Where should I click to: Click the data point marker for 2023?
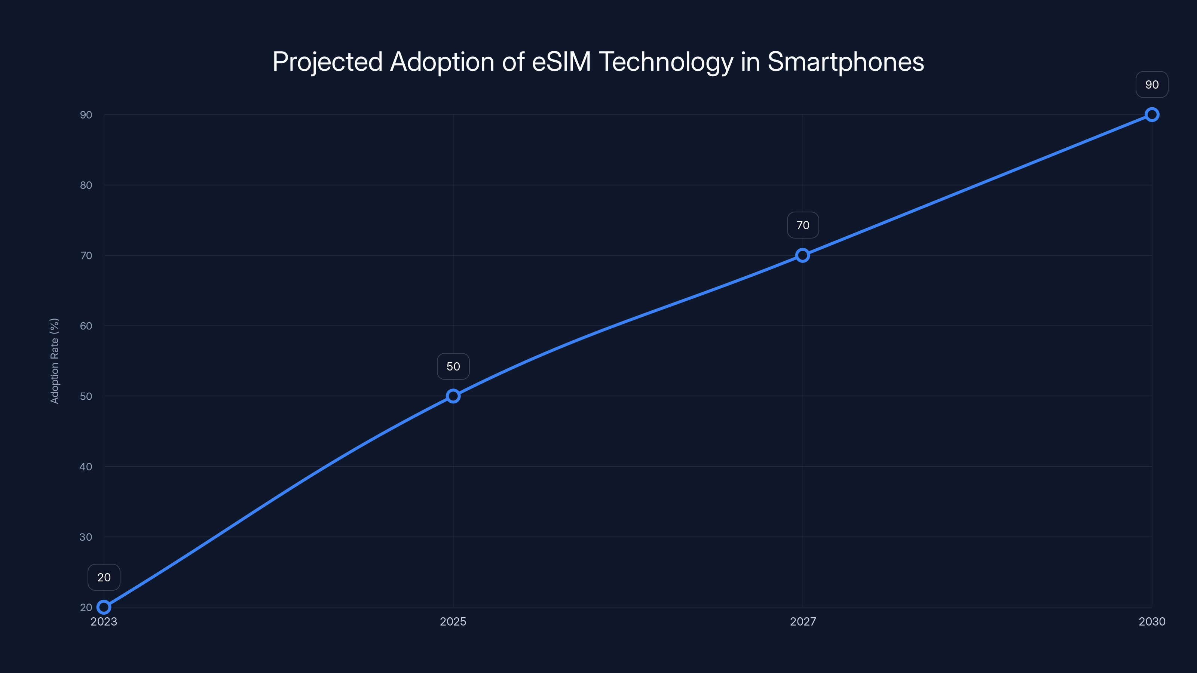point(104,607)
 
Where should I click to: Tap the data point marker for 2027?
point(802,255)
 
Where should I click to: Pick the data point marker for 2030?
point(1152,115)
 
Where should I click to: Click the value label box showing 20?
point(104,577)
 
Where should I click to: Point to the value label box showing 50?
point(453,366)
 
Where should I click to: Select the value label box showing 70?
point(802,225)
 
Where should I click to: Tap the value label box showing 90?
point(1152,84)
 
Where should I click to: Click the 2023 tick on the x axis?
point(104,621)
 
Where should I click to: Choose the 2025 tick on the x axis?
point(453,621)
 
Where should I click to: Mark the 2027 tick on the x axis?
point(802,621)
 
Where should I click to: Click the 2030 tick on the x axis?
point(1152,621)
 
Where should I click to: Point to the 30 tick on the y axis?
point(86,537)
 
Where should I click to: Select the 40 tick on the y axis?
point(86,466)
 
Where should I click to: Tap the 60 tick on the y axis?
point(86,326)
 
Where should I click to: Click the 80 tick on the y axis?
point(86,185)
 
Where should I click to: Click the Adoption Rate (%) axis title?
point(54,361)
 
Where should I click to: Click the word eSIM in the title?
point(561,62)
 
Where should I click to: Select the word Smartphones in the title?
point(845,62)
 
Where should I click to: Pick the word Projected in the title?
point(327,62)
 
